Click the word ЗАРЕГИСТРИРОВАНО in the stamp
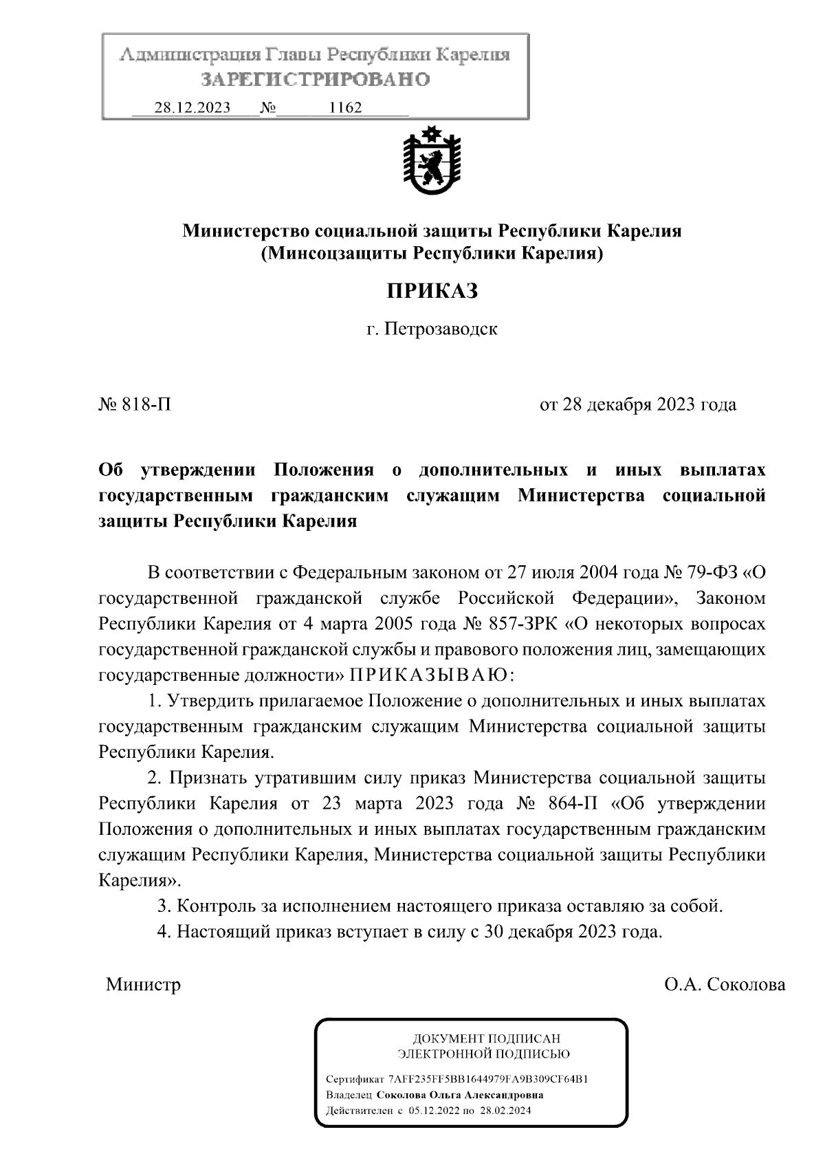tap(316, 80)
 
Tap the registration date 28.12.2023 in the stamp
tap(192, 108)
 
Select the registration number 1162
tap(346, 108)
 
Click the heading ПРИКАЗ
tap(431, 291)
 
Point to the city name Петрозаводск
tap(441, 329)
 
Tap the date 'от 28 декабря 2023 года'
tap(638, 404)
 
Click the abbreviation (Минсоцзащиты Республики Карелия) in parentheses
tap(432, 254)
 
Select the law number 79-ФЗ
tap(711, 572)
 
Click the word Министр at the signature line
tap(144, 985)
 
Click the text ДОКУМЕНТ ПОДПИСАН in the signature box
tap(485, 1038)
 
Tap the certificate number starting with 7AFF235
tap(487, 1079)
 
